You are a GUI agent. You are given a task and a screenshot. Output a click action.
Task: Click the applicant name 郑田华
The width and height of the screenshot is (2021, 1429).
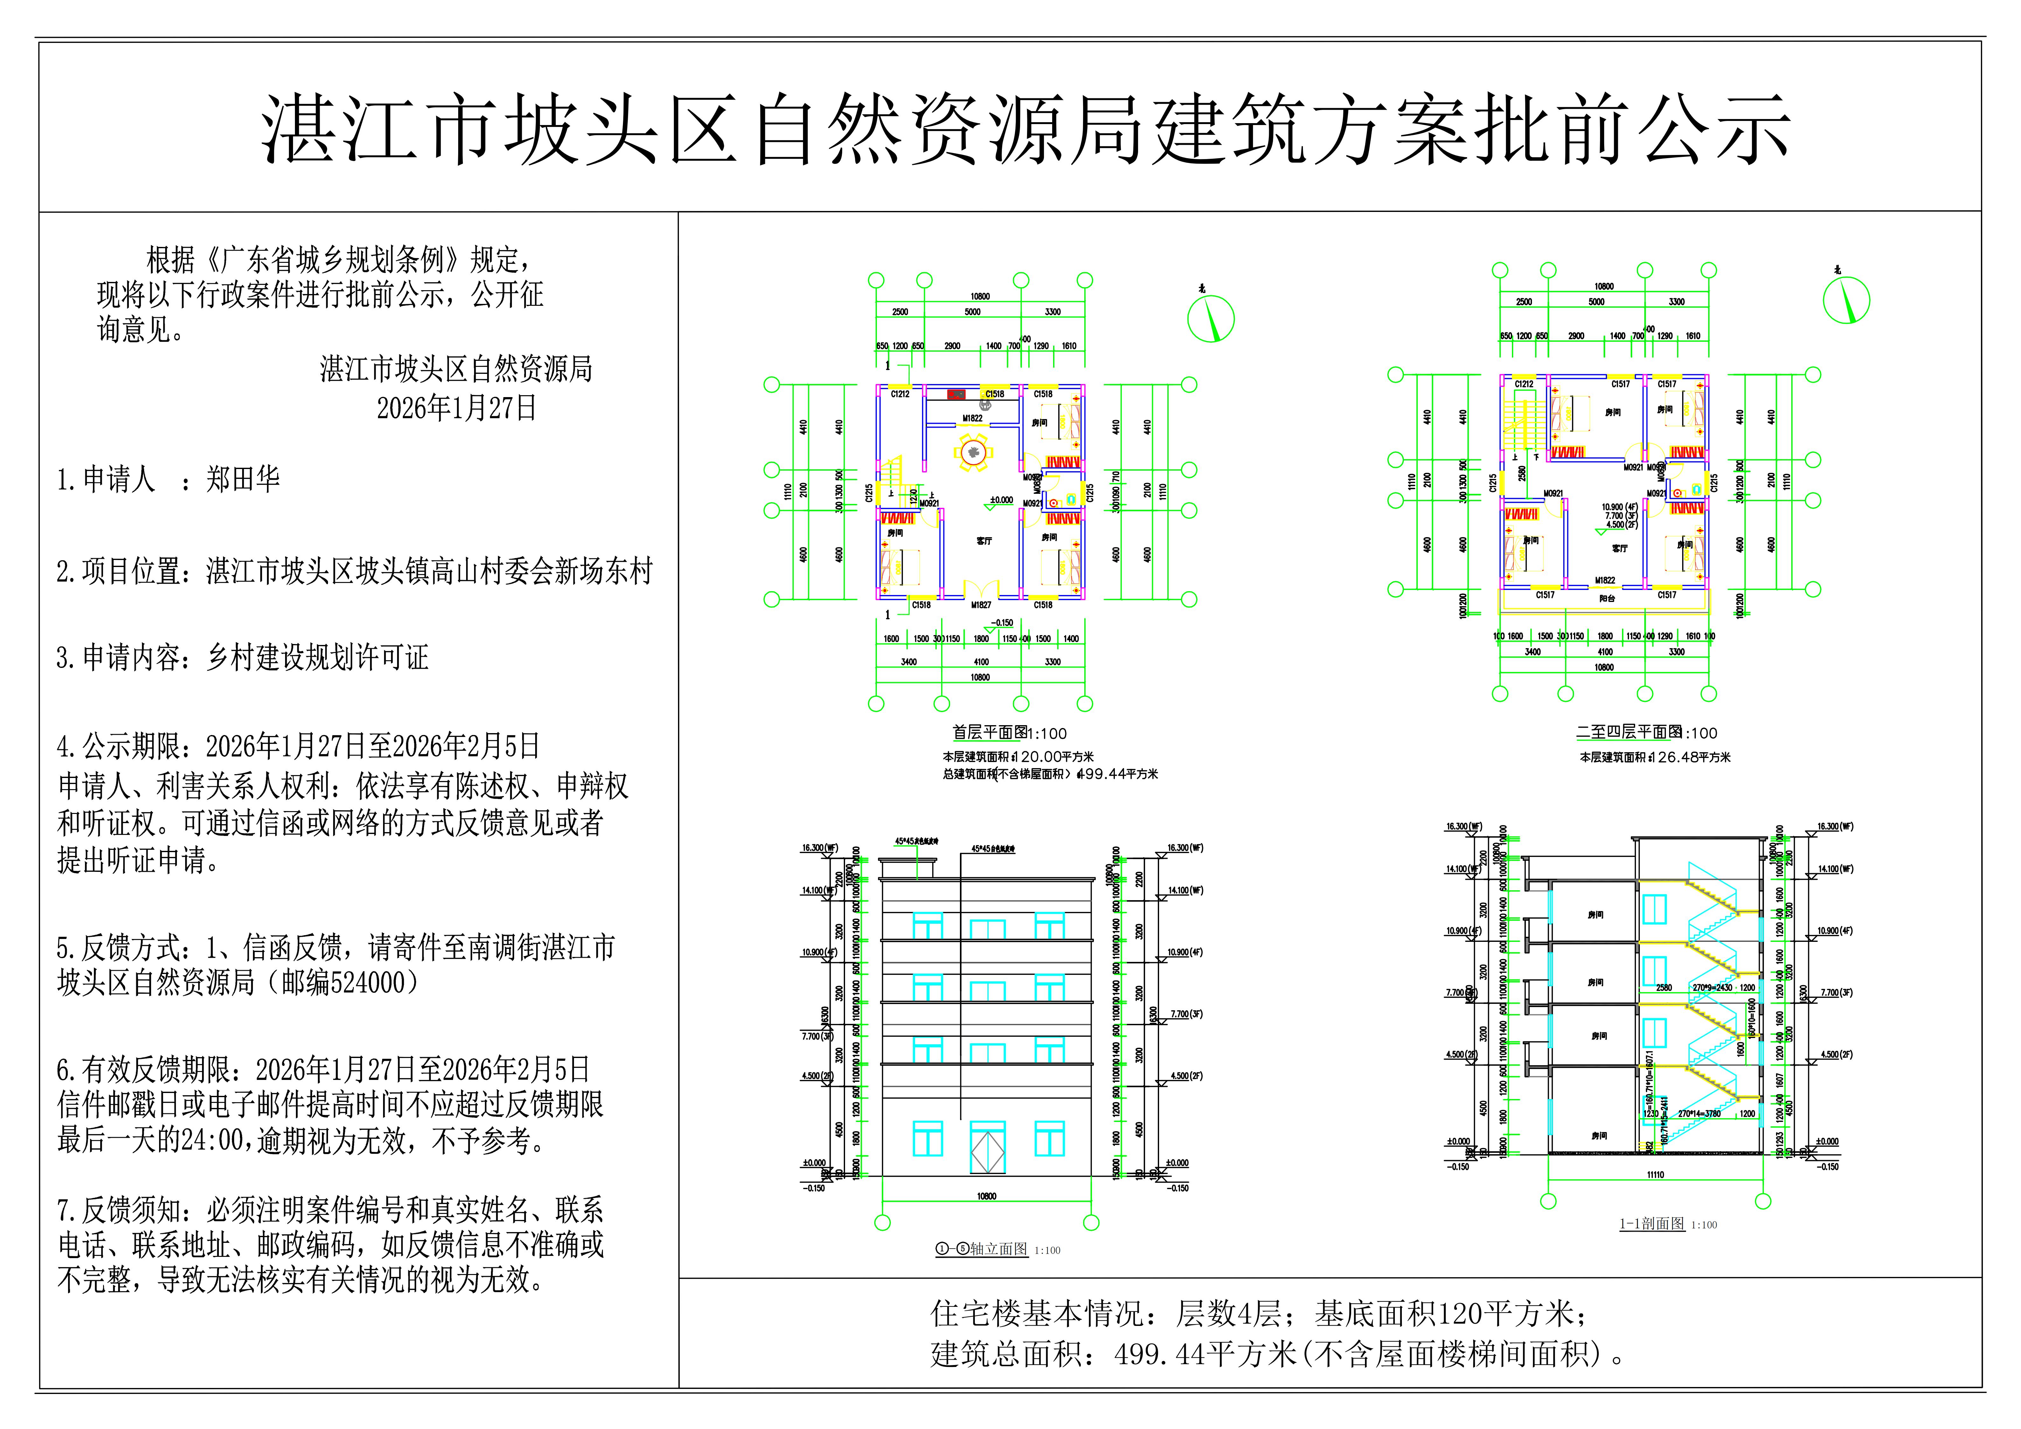[243, 479]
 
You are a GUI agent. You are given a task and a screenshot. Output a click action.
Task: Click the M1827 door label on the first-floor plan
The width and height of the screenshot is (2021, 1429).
[981, 605]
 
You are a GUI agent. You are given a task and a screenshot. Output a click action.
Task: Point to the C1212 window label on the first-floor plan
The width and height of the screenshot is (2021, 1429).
[899, 395]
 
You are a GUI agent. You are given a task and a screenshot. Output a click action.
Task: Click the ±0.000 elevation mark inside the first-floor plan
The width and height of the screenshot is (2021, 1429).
[1001, 500]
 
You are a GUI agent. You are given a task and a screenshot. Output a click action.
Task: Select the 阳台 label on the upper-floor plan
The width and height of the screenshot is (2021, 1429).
[1606, 599]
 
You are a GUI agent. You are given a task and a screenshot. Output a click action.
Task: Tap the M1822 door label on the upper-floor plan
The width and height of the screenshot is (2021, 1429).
[1605, 580]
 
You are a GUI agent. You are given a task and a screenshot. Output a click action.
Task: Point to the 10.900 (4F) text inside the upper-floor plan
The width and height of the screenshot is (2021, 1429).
[1619, 507]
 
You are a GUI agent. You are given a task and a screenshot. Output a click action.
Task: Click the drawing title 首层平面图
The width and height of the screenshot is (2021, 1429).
[990, 732]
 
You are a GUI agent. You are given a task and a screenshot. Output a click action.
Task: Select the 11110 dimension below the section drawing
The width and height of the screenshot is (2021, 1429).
[1655, 1174]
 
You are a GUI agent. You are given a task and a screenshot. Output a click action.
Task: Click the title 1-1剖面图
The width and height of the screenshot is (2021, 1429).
[1651, 1224]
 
